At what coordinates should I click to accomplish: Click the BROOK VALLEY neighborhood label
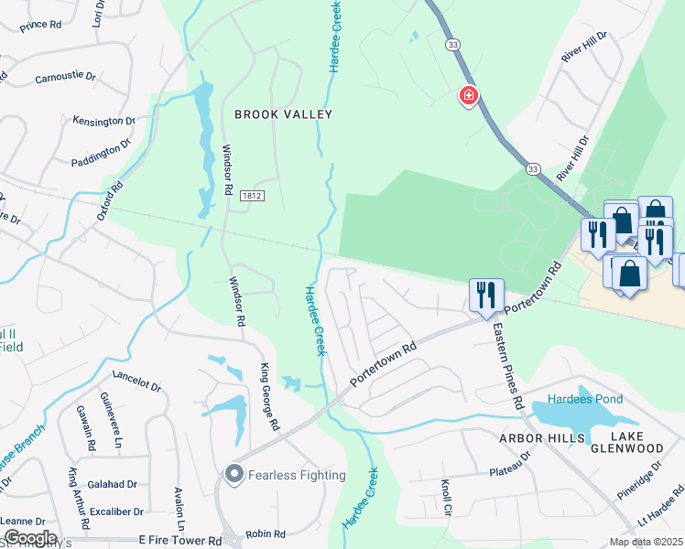tap(283, 114)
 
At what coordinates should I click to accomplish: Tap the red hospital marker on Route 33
tap(468, 95)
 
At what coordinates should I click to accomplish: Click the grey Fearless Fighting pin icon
tap(234, 474)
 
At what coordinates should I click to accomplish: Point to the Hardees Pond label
tap(585, 399)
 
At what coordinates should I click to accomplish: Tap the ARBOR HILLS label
tap(541, 439)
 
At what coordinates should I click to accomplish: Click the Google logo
tap(30, 538)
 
